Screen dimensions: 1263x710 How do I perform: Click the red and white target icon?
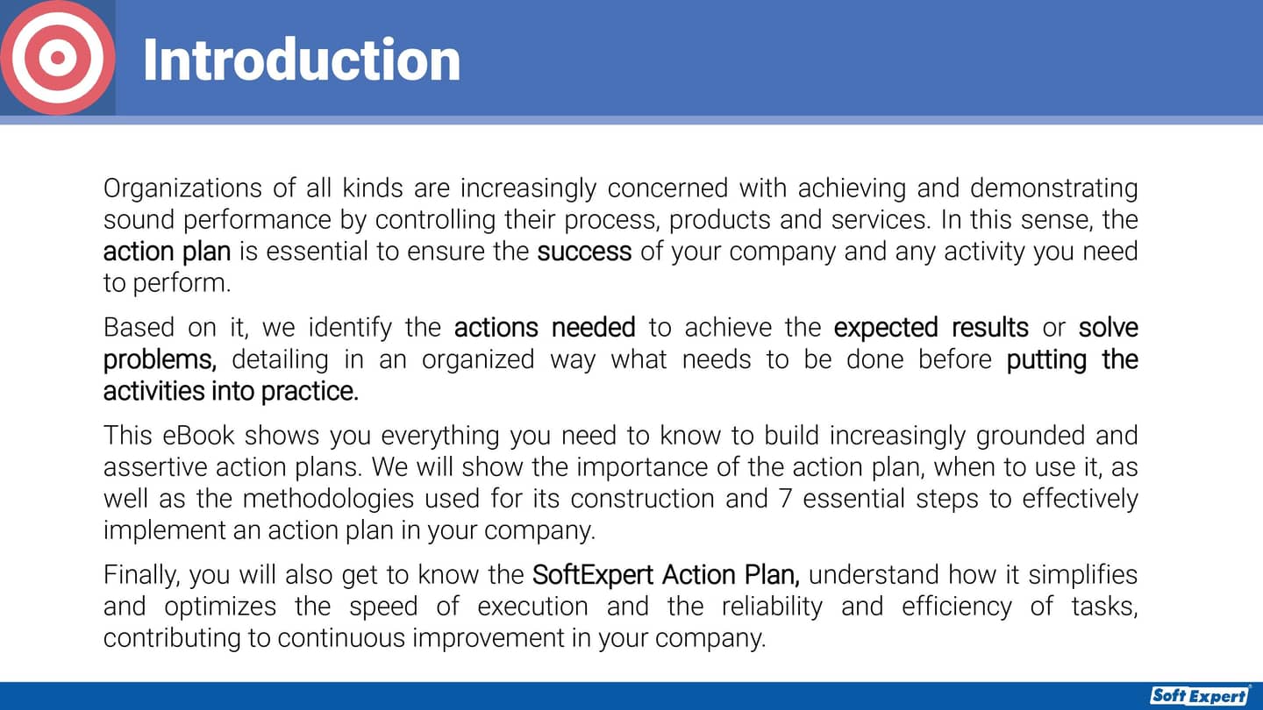click(58, 58)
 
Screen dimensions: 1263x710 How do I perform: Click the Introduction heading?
click(302, 60)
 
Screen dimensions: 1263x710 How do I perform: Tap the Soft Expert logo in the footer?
click(1200, 695)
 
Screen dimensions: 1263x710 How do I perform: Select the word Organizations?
click(182, 188)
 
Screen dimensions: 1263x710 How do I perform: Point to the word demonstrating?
click(1054, 188)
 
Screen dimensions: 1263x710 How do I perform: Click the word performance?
click(256, 220)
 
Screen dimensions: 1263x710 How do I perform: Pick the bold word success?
click(584, 252)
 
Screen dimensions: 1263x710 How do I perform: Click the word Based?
click(139, 328)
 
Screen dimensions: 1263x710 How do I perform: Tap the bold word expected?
click(887, 329)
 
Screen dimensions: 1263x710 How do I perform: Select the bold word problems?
click(160, 360)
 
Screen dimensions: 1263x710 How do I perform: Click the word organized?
click(477, 360)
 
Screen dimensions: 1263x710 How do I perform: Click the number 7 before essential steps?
click(786, 500)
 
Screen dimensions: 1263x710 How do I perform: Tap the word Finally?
click(141, 575)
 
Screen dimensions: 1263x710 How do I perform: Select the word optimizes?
click(220, 607)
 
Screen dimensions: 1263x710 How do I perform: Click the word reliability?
click(772, 607)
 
